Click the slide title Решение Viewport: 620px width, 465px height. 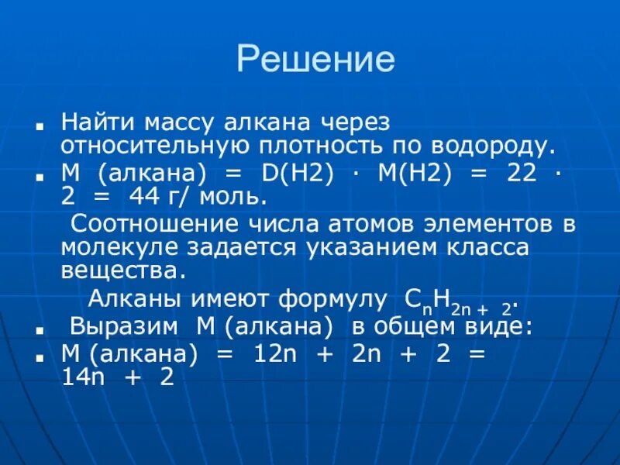click(315, 60)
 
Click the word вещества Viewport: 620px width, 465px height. click(122, 271)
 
